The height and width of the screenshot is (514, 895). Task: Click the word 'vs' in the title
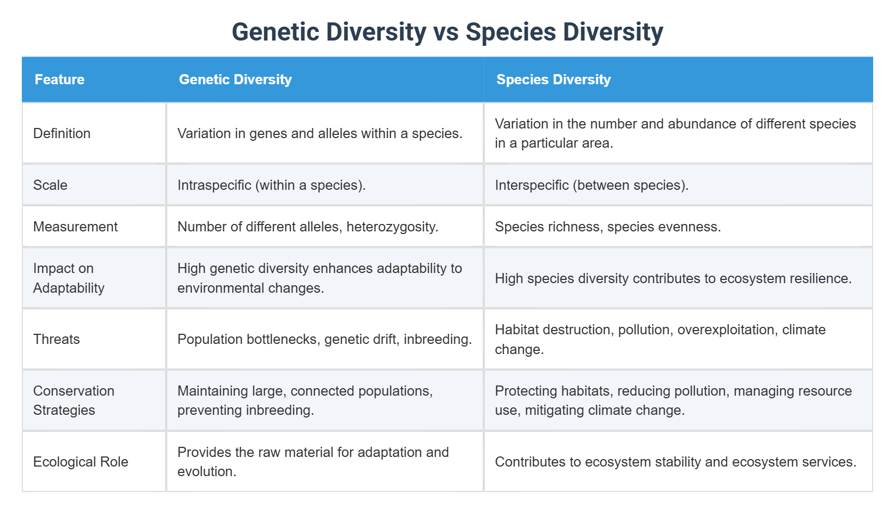446,33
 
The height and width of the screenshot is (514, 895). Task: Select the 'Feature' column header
60,80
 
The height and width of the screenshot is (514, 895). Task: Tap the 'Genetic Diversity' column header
235,80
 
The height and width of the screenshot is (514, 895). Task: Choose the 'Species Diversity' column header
553,80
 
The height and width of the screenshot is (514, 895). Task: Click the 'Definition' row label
62,134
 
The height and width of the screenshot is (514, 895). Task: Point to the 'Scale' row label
50,186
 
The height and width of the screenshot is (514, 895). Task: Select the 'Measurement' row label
75,227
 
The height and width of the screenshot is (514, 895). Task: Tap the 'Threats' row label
56,340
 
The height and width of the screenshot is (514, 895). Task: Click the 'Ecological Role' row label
80,462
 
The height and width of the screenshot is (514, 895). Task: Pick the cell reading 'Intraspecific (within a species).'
271,186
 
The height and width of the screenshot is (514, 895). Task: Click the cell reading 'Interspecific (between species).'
591,186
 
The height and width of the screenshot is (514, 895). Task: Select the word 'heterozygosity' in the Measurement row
390,227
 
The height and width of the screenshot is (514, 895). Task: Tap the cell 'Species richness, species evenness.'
607,227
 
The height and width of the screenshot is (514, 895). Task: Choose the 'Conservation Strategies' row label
74,401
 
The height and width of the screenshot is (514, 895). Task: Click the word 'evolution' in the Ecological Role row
205,472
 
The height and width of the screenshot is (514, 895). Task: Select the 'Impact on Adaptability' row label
68,278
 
